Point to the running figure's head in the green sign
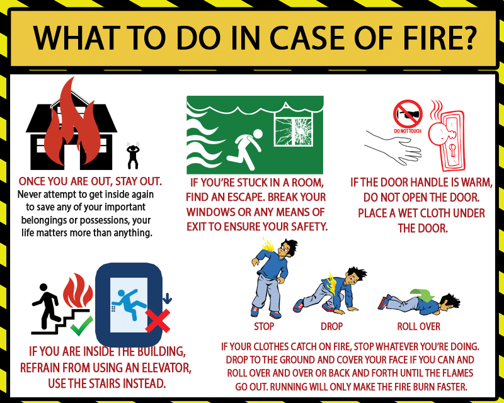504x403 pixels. click(258, 134)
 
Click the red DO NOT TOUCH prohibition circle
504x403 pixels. click(408, 114)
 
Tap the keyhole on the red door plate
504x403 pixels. click(453, 150)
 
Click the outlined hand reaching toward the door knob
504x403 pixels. click(393, 147)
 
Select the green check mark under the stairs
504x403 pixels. click(81, 326)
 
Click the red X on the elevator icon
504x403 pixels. click(157, 321)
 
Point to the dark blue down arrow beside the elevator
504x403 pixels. click(167, 298)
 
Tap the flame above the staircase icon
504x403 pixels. click(77, 290)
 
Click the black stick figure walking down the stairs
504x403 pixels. click(47, 306)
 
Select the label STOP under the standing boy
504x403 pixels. click(264, 327)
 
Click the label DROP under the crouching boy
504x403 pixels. click(332, 327)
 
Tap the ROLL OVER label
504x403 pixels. click(418, 327)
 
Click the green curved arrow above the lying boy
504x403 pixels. click(422, 295)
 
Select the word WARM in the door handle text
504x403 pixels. click(476, 183)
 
